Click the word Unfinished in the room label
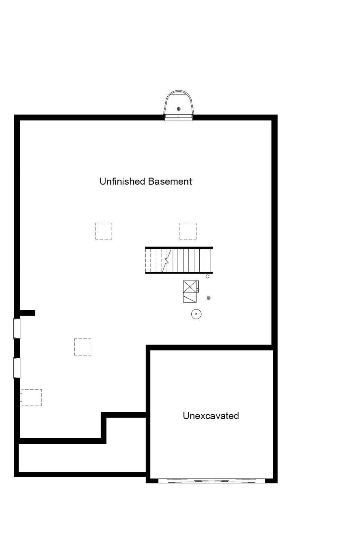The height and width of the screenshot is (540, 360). coord(122,181)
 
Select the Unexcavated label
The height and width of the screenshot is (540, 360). coord(211,416)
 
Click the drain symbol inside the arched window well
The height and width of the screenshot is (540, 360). coord(179,109)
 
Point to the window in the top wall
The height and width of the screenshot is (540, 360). coord(179,117)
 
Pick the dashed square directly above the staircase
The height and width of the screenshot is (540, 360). coord(188,231)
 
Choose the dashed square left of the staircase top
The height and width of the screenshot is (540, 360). coord(104,231)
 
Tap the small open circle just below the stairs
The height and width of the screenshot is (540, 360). coord(207,277)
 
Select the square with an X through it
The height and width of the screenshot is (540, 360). coord(190,287)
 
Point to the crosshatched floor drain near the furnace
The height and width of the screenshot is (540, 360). coord(208,298)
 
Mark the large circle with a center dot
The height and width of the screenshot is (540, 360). coord(196,314)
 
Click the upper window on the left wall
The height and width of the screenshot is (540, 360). coord(17,328)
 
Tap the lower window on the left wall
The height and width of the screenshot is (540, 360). coord(17,368)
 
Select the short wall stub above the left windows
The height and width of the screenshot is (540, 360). coord(27,313)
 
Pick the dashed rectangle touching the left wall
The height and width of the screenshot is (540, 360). coord(32,397)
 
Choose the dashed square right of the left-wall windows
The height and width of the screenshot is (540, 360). coord(83,347)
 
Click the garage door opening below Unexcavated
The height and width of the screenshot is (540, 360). coord(211,481)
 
